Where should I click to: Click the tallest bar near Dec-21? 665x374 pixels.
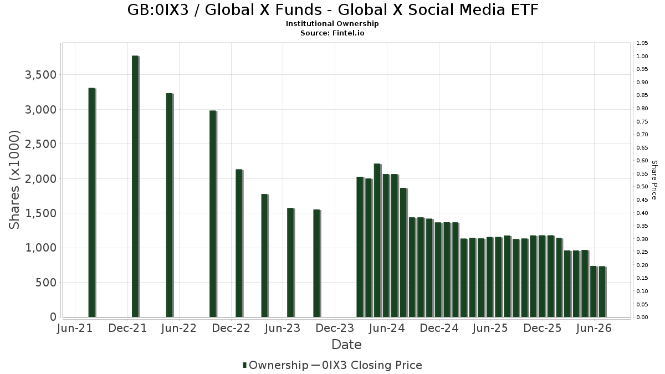(135, 186)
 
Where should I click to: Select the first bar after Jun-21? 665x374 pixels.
(92, 202)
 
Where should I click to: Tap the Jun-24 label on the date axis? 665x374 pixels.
(387, 328)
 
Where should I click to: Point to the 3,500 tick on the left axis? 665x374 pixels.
(40, 75)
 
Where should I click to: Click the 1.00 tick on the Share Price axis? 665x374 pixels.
(642, 56)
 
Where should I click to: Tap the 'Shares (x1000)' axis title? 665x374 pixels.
(14, 180)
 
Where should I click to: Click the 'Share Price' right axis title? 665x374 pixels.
(654, 180)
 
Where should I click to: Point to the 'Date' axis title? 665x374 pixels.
(346, 345)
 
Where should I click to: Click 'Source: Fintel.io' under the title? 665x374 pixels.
(332, 33)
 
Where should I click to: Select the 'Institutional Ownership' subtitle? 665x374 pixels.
(332, 24)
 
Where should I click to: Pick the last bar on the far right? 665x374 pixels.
(602, 292)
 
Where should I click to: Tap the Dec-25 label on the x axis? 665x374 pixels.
(543, 328)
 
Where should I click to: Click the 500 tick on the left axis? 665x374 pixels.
(45, 283)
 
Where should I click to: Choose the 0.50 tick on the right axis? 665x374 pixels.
(642, 187)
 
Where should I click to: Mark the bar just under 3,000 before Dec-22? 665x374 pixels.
(213, 214)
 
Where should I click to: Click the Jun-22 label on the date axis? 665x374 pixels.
(178, 328)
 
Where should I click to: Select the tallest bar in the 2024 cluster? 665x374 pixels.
(377, 240)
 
